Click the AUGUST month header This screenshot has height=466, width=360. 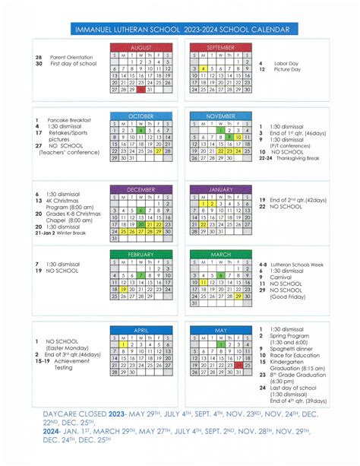141,47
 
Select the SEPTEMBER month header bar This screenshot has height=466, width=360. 220,47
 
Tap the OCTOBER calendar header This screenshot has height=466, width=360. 141,116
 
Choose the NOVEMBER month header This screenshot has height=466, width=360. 220,116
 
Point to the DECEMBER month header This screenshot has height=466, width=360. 141,190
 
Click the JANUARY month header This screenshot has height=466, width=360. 220,190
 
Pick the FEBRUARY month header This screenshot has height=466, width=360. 141,254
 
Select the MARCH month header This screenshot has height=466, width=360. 220,254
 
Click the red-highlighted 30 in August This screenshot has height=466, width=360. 141,90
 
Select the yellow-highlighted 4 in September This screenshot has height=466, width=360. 204,68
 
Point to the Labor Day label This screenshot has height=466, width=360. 284,63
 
